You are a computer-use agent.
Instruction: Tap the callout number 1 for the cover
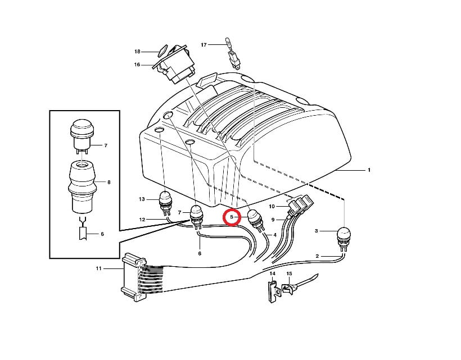[x=369, y=170]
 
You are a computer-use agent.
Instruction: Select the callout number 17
[x=204, y=44]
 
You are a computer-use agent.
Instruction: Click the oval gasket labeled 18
[x=162, y=51]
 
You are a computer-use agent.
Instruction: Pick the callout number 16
[x=137, y=65]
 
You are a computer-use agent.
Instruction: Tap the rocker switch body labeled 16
[x=175, y=65]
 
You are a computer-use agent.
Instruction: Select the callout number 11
[x=98, y=268]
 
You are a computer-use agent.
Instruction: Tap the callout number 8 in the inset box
[x=109, y=183]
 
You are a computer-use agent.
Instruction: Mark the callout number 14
[x=273, y=274]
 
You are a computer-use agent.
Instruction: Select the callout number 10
[x=272, y=207]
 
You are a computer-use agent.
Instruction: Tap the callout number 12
[x=142, y=220]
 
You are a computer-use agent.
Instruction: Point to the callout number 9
[x=273, y=220]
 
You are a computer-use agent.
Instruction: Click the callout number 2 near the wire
[x=317, y=256]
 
